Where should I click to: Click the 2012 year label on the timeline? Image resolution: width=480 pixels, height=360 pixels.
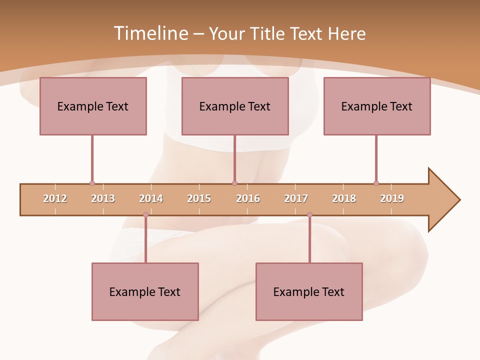point(55,198)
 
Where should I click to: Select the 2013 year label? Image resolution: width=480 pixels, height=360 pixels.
point(103,198)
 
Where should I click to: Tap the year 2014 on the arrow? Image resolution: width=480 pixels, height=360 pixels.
point(151,198)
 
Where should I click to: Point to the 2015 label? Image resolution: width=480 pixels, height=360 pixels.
point(199,198)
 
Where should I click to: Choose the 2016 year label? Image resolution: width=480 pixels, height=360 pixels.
point(248,198)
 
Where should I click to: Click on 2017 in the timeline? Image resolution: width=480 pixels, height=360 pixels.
point(296,198)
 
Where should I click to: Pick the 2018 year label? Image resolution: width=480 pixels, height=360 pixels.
point(344,198)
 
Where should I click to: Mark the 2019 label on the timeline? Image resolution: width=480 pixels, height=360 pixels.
point(392,198)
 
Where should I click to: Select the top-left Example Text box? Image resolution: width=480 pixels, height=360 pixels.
point(93,106)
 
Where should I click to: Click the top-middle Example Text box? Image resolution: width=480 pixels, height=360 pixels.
point(235,106)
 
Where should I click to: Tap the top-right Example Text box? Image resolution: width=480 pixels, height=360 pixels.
point(377,106)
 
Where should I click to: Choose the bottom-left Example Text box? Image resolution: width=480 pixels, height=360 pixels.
point(145,291)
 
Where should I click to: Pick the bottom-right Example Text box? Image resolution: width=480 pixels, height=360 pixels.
point(309,291)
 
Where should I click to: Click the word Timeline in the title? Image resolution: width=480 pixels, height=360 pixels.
point(150,33)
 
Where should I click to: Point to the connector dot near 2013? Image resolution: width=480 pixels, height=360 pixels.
point(92,183)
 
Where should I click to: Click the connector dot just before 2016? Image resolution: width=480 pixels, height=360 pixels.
point(234,183)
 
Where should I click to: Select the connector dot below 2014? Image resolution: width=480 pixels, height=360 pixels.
point(145,215)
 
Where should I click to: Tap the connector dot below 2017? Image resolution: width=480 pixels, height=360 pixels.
point(309,215)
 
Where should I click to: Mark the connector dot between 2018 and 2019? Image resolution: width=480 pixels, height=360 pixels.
point(376,183)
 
